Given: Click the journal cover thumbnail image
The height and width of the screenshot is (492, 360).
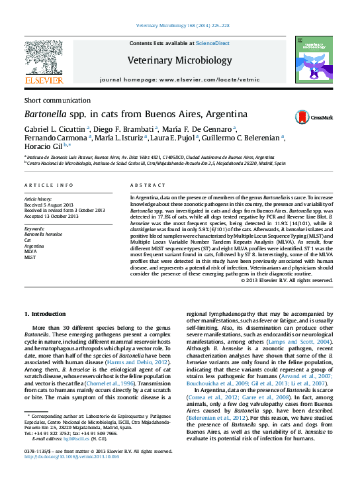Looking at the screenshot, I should tap(314, 60).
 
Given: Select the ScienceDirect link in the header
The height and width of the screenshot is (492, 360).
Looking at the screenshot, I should tap(212, 43).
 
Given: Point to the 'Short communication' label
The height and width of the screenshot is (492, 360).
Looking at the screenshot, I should tap(48, 99).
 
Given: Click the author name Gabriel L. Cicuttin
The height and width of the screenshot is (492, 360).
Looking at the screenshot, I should tap(54, 128).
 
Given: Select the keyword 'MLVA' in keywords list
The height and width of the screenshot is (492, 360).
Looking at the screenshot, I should tap(31, 252).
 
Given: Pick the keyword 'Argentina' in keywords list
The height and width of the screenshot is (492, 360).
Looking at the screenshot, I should tap(34, 246).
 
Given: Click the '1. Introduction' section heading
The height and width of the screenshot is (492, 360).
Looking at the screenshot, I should tap(46, 313).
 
